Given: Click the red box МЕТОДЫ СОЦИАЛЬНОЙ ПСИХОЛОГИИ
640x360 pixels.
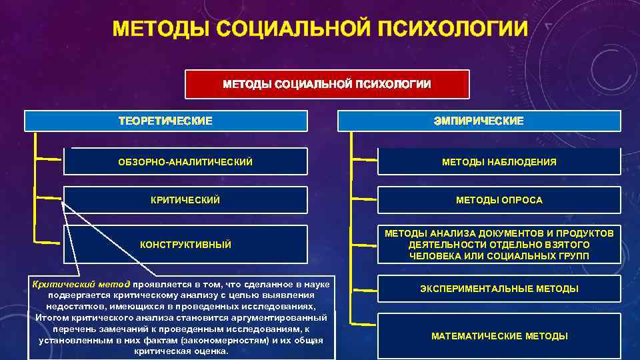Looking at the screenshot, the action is coord(327,84).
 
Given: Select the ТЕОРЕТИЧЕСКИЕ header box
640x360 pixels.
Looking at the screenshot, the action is coord(165,121).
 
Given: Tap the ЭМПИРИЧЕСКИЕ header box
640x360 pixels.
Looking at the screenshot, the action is coord(479,121).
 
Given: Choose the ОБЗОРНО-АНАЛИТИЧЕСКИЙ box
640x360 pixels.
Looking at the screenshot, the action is coord(185,162).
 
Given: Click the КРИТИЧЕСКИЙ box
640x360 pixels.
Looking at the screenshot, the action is coord(185,200).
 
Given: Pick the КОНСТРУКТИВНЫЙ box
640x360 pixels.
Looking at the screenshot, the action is coord(185,245).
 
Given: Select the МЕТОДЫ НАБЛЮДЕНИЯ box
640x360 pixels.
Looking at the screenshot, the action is coord(499,162).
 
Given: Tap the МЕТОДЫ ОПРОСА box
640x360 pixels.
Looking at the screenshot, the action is coord(499,200).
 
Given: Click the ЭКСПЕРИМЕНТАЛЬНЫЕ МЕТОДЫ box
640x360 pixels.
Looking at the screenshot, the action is coord(499,289).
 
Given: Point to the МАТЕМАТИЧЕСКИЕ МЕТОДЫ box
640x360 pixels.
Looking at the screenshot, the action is coord(499,336).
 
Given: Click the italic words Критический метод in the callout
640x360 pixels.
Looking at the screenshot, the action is coord(81,285).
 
